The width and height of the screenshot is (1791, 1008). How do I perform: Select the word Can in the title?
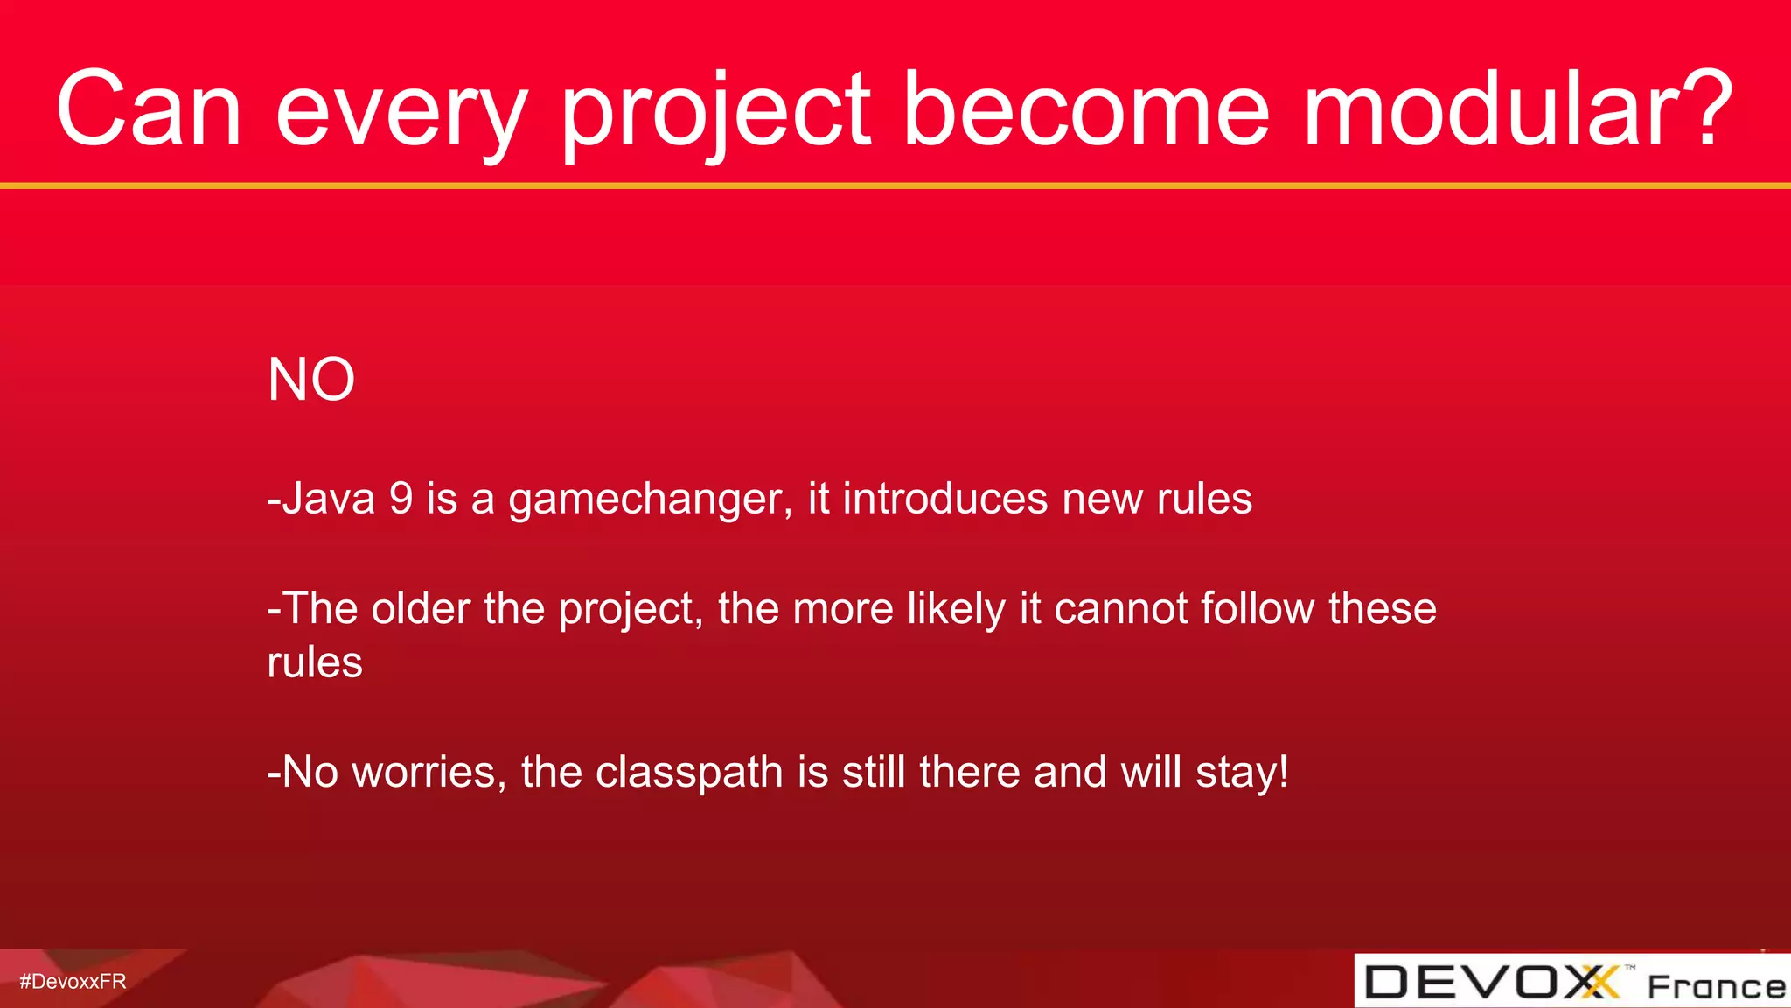point(149,109)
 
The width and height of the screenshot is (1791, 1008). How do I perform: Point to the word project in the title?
point(715,114)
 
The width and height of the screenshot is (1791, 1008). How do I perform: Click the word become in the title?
point(1085,109)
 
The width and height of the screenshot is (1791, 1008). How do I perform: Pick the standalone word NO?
point(311,381)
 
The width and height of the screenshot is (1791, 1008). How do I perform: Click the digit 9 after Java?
point(401,499)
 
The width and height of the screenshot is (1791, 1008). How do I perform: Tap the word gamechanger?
point(650,500)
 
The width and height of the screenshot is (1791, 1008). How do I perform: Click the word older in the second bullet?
point(421,608)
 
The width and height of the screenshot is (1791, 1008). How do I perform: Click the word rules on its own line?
point(315,662)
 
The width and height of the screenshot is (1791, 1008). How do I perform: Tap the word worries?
point(429,773)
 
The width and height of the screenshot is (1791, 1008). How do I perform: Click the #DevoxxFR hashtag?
point(73,982)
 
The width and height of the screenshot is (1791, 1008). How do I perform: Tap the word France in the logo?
point(1716,986)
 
